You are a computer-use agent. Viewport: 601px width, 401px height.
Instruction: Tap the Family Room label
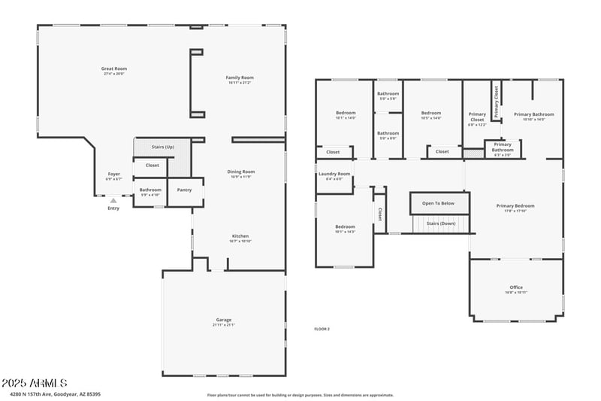pyautogui.click(x=240, y=80)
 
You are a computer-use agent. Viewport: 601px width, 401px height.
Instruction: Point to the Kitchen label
pyautogui.click(x=240, y=238)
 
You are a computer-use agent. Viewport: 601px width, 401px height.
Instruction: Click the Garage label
pyautogui.click(x=224, y=322)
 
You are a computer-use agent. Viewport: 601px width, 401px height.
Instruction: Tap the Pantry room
pyautogui.click(x=185, y=190)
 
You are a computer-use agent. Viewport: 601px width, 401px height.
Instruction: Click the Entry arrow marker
pyautogui.click(x=113, y=201)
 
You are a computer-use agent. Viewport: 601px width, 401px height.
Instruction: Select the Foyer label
pyautogui.click(x=113, y=176)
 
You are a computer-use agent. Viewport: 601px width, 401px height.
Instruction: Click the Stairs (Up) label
pyautogui.click(x=163, y=147)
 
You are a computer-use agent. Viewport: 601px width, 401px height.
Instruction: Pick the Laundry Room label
pyautogui.click(x=334, y=176)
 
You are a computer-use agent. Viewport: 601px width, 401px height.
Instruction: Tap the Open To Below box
pyautogui.click(x=439, y=203)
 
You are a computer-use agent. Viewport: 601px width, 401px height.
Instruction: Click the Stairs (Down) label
pyautogui.click(x=441, y=223)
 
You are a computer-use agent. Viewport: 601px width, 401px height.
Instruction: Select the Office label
pyautogui.click(x=516, y=289)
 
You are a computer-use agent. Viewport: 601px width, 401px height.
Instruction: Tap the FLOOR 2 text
pyautogui.click(x=322, y=329)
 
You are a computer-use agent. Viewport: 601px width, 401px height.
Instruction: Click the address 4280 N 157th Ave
pyautogui.click(x=56, y=393)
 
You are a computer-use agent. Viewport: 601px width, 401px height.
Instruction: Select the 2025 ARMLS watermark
pyautogui.click(x=35, y=383)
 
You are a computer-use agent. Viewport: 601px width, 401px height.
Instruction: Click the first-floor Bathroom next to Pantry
pyautogui.click(x=150, y=191)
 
